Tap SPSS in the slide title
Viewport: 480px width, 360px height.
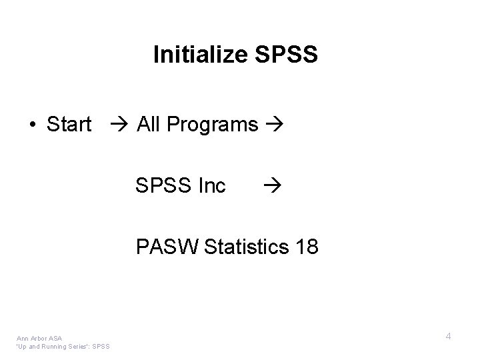coord(287,55)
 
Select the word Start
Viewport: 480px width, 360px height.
coord(69,124)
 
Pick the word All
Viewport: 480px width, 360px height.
coord(147,124)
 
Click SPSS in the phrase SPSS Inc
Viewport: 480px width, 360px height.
coord(163,185)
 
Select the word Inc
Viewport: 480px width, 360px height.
coord(212,185)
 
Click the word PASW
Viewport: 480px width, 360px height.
coord(169,247)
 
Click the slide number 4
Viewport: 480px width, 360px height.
coord(449,337)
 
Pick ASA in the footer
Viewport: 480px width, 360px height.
coord(55,338)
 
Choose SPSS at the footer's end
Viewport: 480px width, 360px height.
coord(102,346)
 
